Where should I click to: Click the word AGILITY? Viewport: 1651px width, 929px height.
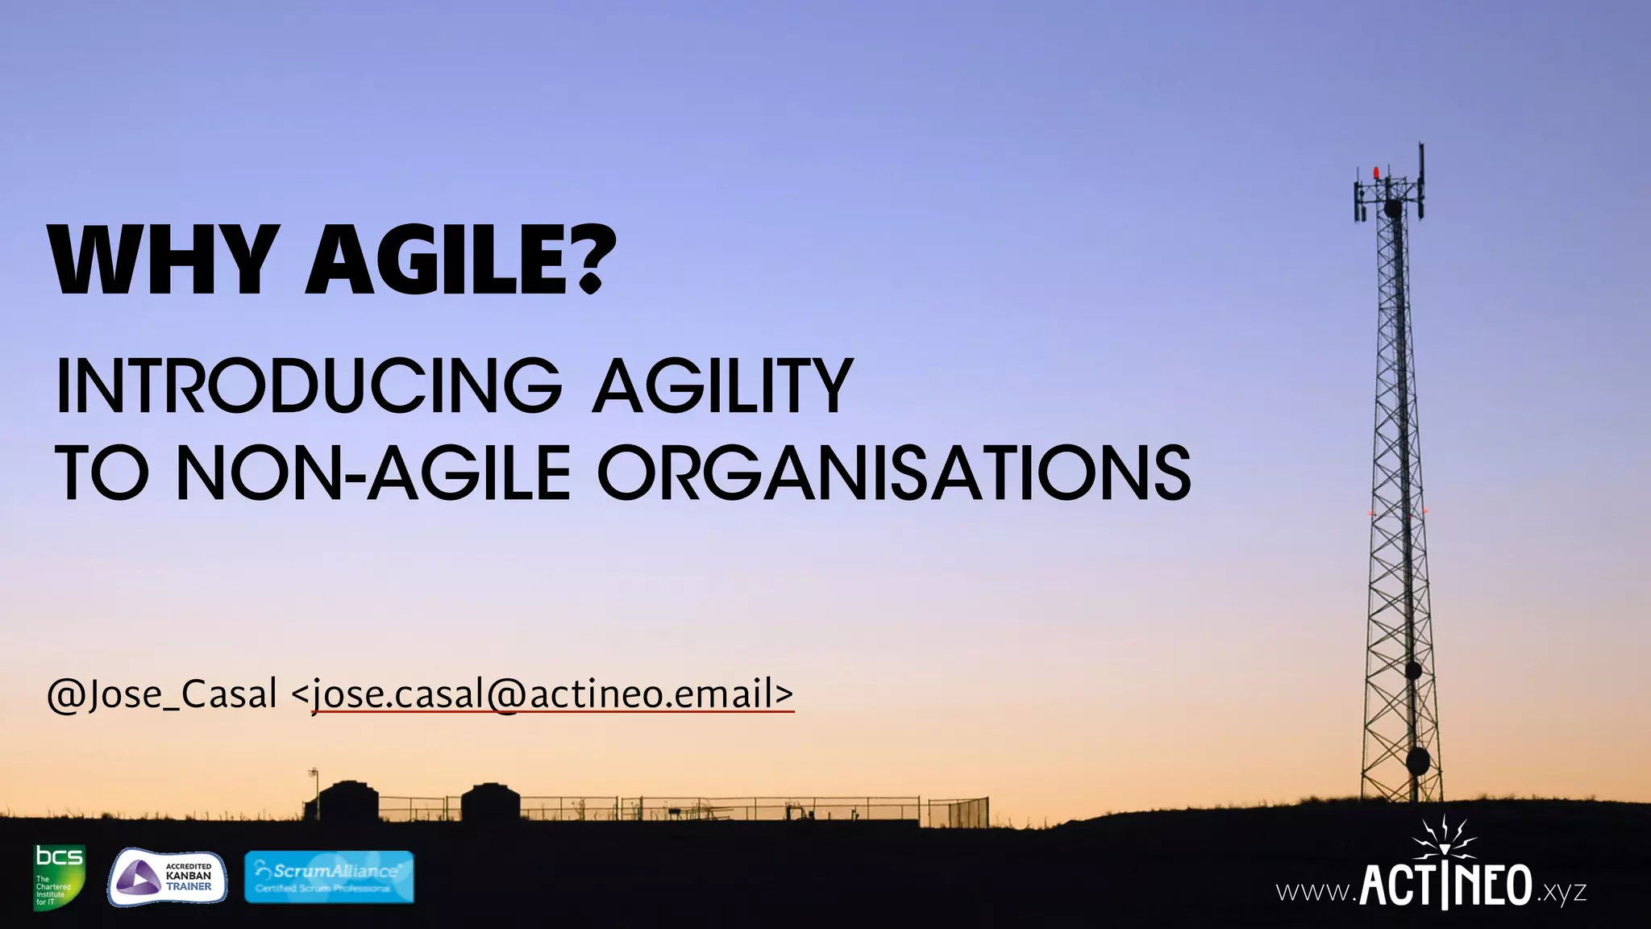[x=722, y=386]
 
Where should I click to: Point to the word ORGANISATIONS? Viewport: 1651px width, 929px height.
[x=894, y=473]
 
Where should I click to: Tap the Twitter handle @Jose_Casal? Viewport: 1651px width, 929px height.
[x=162, y=694]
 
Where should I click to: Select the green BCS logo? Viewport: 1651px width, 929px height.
[x=59, y=876]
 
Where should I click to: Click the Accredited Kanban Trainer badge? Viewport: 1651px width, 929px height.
[x=168, y=877]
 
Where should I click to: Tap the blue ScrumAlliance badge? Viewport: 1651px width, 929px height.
[x=329, y=877]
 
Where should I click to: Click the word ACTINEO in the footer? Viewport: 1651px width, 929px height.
[x=1446, y=885]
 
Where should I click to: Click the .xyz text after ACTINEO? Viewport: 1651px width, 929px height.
[x=1562, y=892]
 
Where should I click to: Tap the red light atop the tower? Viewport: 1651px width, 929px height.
[x=1376, y=172]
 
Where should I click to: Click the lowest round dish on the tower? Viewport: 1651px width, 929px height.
[x=1417, y=760]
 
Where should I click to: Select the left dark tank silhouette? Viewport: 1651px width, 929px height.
[x=347, y=801]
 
